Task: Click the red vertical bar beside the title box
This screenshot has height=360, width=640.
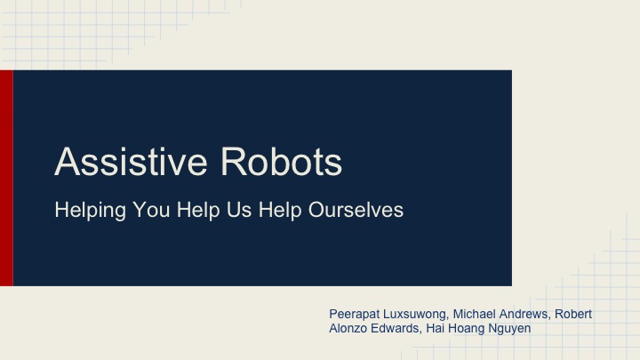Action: (6, 178)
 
